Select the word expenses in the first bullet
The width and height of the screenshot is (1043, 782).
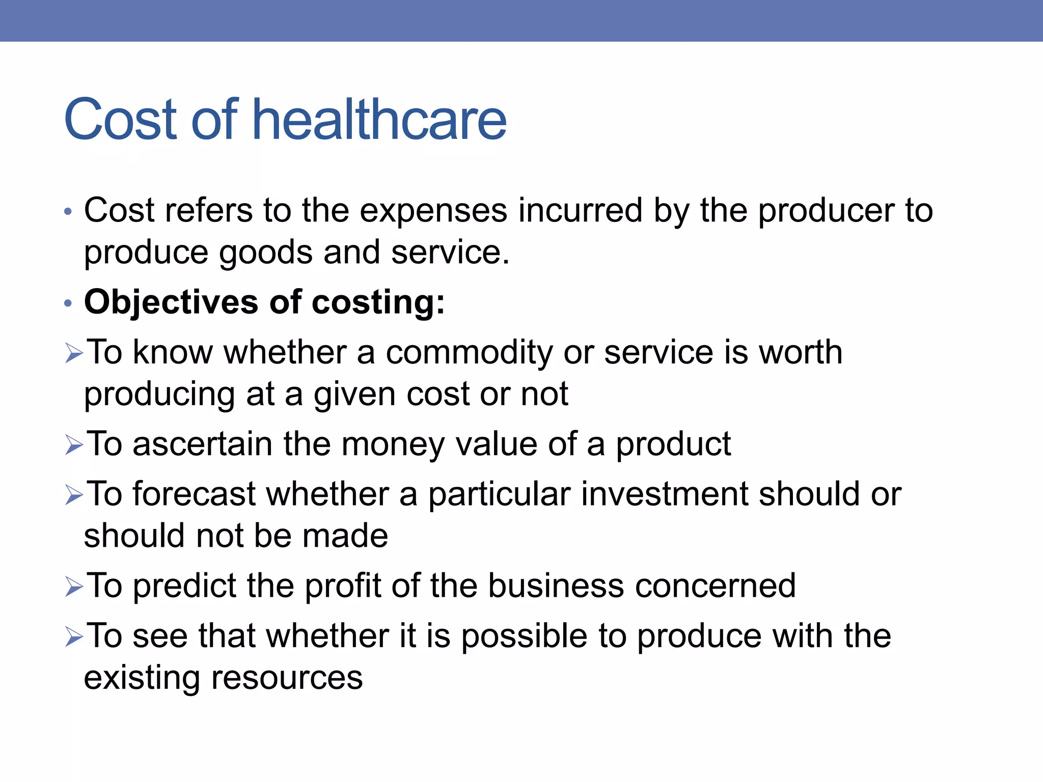coord(433,211)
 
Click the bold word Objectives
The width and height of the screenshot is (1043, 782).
coord(171,302)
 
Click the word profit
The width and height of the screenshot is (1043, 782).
coord(343,585)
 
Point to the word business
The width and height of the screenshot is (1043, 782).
coord(556,585)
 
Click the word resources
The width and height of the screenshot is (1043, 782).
coord(287,678)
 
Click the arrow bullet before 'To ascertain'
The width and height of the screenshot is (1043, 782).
coord(74,445)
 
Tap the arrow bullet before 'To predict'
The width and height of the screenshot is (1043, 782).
coord(74,587)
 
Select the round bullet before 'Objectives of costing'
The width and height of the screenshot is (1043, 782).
coord(68,303)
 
